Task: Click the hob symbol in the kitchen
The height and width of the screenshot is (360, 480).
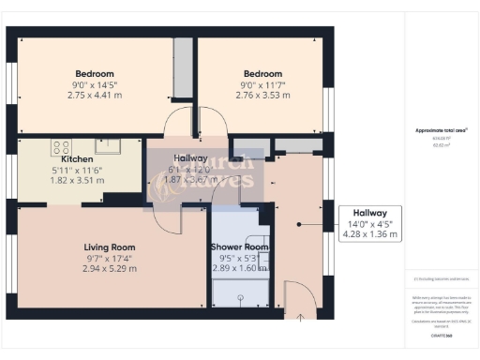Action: tap(63, 147)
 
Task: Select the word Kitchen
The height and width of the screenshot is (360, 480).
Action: tap(76, 159)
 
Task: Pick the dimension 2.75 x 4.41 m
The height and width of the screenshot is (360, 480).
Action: tap(95, 94)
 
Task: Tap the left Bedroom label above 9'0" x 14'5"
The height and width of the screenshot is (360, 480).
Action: tap(95, 73)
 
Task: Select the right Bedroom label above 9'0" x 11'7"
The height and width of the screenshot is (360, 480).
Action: tap(262, 73)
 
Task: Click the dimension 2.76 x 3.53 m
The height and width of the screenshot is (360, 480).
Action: tap(262, 94)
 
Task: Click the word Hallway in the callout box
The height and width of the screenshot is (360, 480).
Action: tap(370, 213)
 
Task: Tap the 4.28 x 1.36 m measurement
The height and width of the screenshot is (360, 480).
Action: tap(370, 234)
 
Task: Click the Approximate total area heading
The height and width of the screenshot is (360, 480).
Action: tap(441, 129)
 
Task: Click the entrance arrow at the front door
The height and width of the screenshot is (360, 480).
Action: tap(299, 317)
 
